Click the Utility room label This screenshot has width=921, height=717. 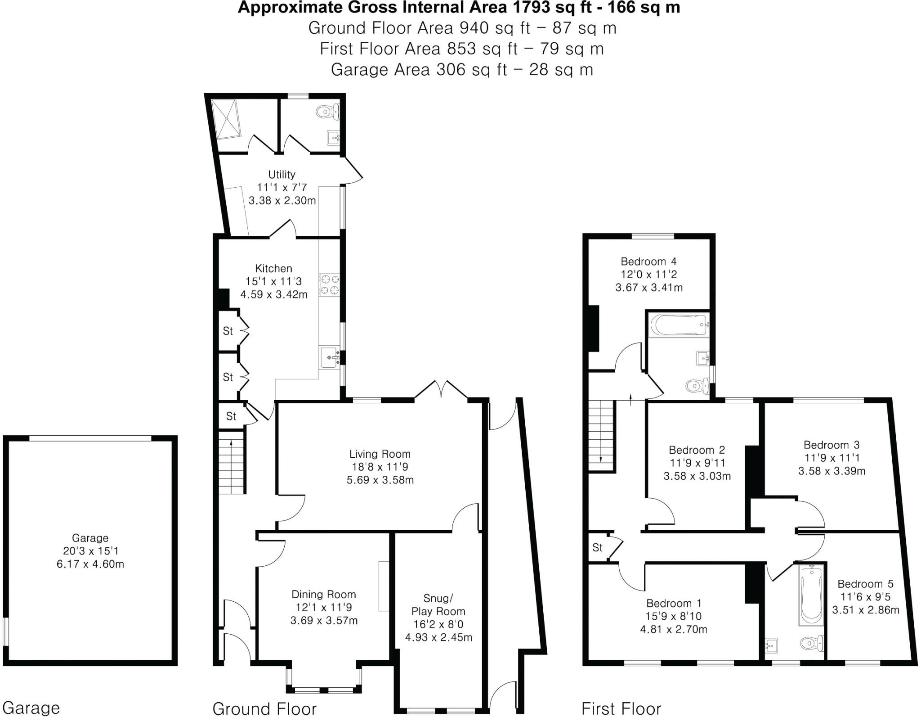[282, 174]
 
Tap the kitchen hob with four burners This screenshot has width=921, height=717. [330, 285]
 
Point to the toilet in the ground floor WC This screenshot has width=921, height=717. [328, 111]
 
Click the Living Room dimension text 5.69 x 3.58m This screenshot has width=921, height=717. [380, 480]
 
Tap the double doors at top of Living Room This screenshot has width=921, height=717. [441, 389]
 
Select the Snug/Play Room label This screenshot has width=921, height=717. [438, 604]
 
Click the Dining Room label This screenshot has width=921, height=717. [323, 594]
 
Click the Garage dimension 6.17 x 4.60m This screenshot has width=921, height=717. [90, 564]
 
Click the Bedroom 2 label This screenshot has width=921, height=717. [697, 450]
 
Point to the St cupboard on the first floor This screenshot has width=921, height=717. [597, 547]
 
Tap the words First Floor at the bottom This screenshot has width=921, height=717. [621, 708]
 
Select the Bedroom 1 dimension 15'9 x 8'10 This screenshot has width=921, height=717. [673, 616]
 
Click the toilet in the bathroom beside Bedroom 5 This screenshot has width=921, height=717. [812, 643]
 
